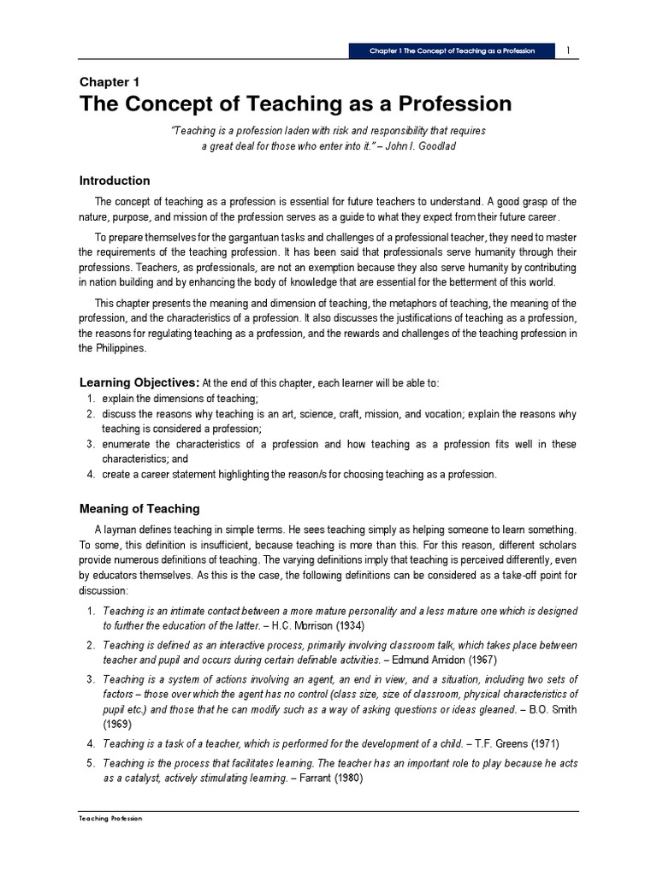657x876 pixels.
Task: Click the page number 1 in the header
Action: coord(568,50)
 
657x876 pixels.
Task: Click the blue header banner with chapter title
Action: coord(452,50)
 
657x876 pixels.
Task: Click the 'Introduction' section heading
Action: coord(115,181)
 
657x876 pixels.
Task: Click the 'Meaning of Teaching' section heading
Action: coord(139,508)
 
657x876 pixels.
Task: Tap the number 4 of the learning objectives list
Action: coord(91,474)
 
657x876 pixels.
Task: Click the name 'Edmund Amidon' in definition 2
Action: coord(432,660)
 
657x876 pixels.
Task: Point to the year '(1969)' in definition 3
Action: coord(118,723)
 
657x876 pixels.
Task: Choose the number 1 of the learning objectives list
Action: coord(91,399)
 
